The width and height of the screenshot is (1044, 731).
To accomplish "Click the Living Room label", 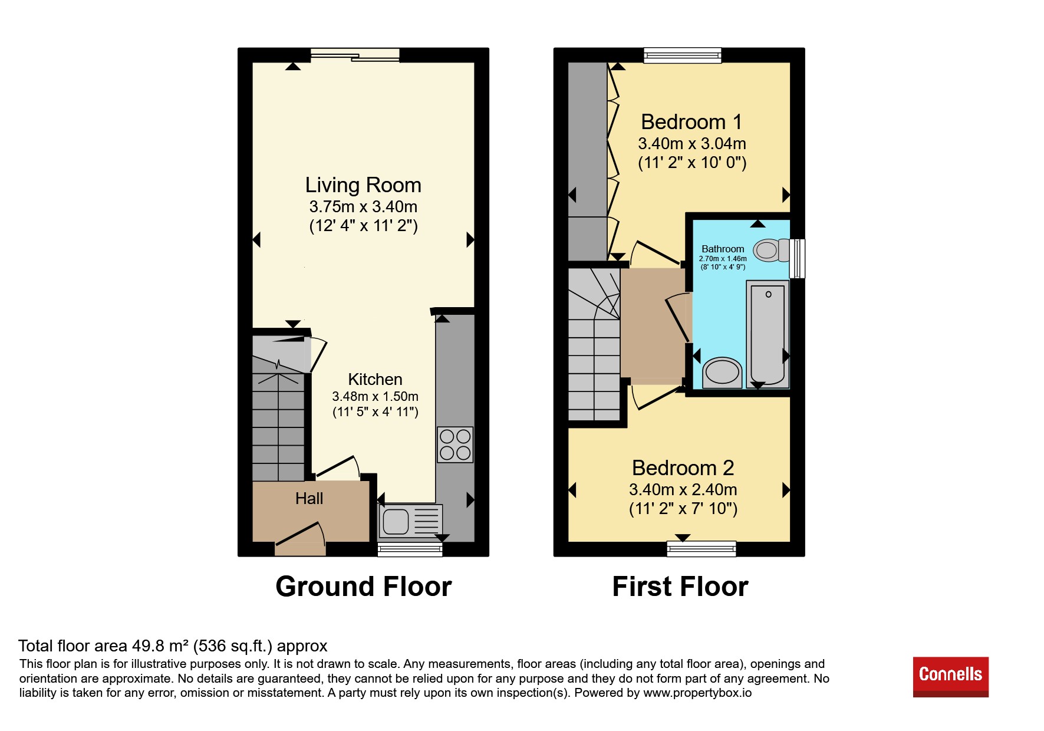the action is click(x=363, y=185).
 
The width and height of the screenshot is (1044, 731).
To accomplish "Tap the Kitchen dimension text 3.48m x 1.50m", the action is click(x=375, y=396).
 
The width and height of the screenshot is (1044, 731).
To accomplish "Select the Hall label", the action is click(x=309, y=499).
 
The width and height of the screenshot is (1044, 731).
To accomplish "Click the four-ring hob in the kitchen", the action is click(x=455, y=444).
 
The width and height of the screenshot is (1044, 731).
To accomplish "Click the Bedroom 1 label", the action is click(x=691, y=122).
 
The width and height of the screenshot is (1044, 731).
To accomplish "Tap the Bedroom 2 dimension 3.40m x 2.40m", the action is click(x=683, y=489).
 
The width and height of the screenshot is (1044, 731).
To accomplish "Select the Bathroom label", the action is click(x=723, y=249).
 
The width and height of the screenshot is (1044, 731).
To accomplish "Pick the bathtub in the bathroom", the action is click(x=768, y=334).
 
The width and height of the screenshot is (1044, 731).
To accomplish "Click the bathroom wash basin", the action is click(x=723, y=372).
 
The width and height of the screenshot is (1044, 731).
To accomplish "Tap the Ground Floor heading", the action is click(x=364, y=587).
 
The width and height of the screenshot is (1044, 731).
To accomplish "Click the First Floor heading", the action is click(x=680, y=587).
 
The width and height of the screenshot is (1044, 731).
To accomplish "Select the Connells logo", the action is click(x=950, y=677).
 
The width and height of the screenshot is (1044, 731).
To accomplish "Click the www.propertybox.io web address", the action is click(x=697, y=693).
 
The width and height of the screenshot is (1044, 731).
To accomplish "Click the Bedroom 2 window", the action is click(x=702, y=549).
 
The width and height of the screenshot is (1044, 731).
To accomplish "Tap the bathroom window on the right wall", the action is click(x=797, y=258).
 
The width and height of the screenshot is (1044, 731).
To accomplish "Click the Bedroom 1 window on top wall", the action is click(x=682, y=55).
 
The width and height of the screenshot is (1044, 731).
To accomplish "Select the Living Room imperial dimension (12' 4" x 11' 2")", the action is click(x=363, y=226).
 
